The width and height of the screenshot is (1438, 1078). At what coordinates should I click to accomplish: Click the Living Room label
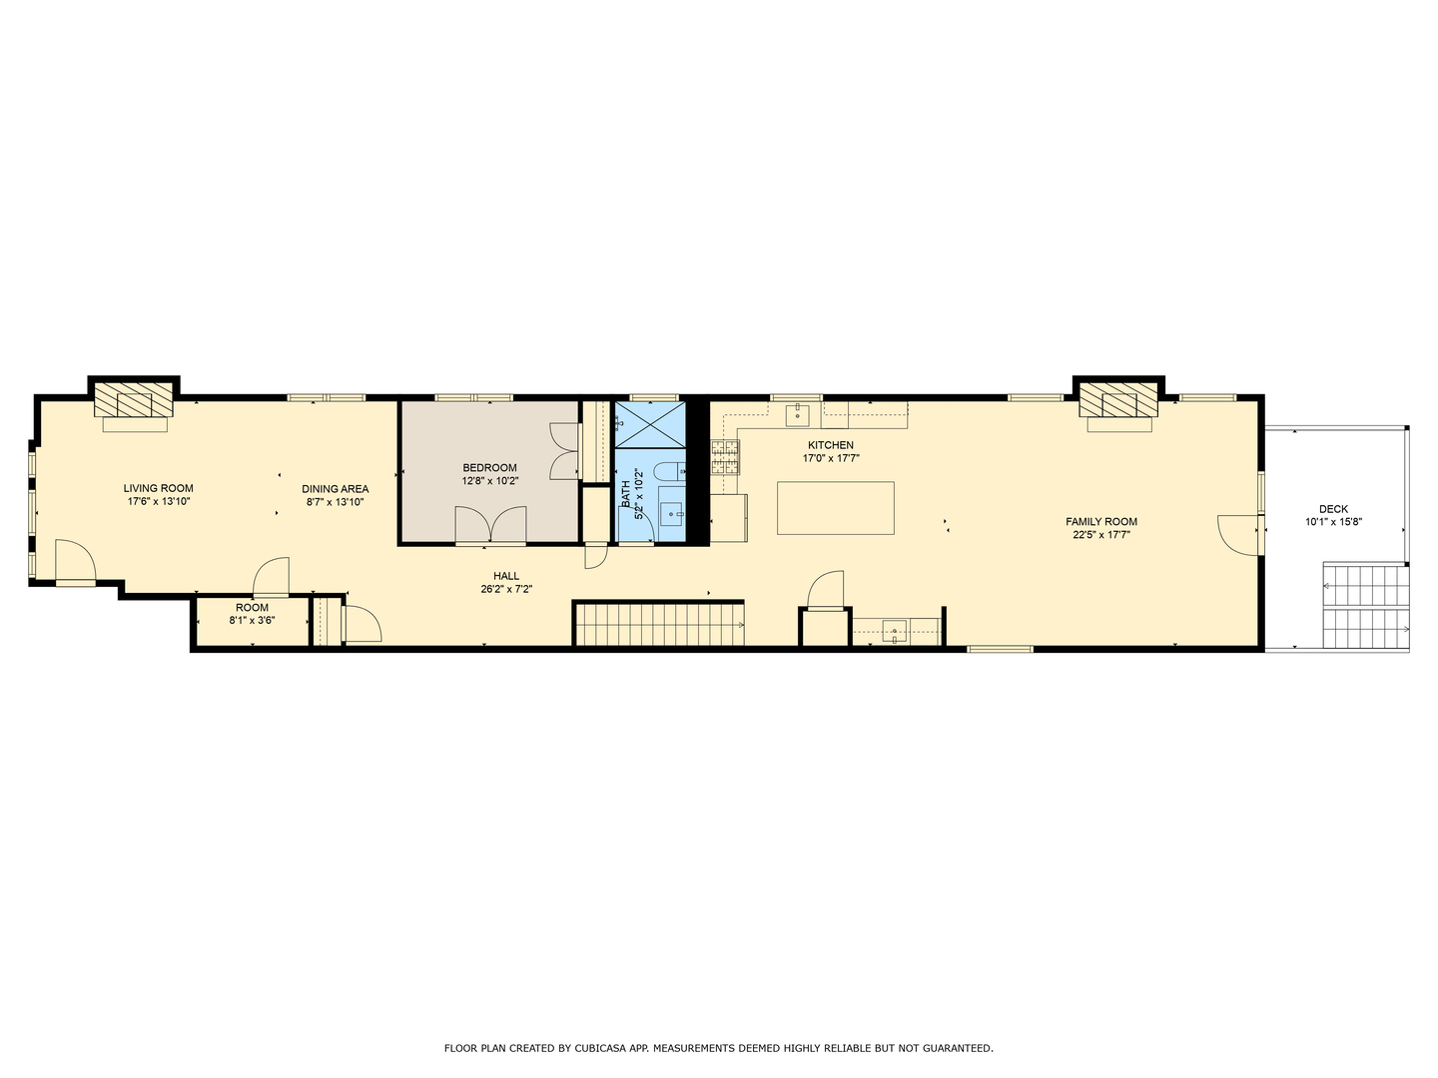(x=158, y=488)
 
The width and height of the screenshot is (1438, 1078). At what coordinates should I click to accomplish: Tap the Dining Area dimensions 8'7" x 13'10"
(x=335, y=502)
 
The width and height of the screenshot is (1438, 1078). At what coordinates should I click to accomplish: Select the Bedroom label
(x=489, y=467)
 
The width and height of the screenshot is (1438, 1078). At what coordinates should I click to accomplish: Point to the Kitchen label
(x=830, y=445)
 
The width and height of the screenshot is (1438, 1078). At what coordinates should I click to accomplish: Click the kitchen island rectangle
(x=835, y=508)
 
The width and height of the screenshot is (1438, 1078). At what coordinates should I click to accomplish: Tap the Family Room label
(x=1100, y=521)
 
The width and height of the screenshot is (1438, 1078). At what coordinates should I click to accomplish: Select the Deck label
(x=1332, y=509)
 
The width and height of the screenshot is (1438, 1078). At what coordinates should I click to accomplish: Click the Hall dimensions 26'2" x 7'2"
(x=505, y=589)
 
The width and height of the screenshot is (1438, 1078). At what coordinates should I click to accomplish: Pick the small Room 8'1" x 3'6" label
(x=252, y=607)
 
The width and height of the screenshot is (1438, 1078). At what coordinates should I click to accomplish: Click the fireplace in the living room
(x=134, y=404)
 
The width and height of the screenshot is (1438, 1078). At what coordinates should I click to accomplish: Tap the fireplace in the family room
(x=1118, y=404)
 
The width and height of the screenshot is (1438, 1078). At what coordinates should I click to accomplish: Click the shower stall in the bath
(x=650, y=424)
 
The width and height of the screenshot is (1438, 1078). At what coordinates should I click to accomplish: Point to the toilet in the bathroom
(x=668, y=471)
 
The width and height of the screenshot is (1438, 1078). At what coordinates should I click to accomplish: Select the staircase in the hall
(x=659, y=624)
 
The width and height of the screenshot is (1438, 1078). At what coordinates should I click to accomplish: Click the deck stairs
(x=1364, y=606)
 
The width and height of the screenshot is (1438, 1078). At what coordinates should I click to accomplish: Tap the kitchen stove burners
(x=725, y=456)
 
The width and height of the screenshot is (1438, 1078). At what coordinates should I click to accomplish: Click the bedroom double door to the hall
(x=490, y=525)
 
